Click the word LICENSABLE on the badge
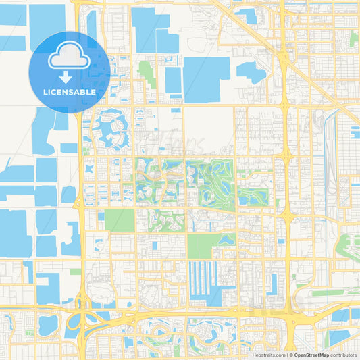(x=70, y=91)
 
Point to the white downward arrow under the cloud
(x=70, y=72)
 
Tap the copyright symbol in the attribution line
(x=291, y=354)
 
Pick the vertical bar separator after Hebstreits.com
(x=286, y=354)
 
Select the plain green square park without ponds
(x=119, y=220)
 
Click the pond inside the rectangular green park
(x=226, y=239)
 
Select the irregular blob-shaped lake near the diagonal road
(x=251, y=72)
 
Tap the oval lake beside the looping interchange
(x=49, y=325)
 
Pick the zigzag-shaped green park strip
(x=147, y=74)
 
